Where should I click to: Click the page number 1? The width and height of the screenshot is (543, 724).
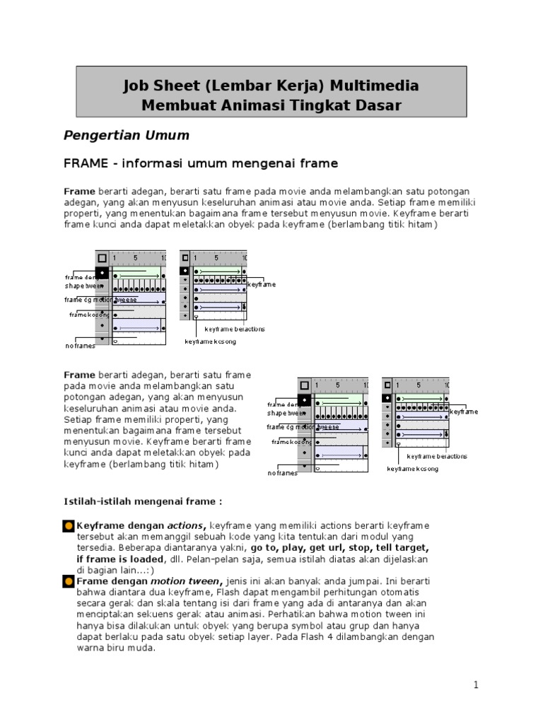point(477,684)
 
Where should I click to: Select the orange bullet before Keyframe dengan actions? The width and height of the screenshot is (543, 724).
point(69,526)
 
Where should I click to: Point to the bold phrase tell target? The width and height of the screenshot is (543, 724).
point(402,547)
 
